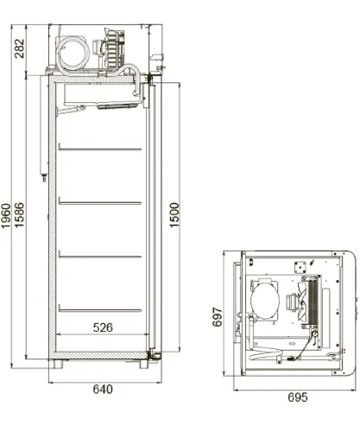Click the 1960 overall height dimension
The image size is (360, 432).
tap(6, 215)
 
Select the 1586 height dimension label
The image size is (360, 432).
tap(19, 215)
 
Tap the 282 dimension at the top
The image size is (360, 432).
tap(19, 48)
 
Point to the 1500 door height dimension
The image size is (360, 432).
tap(174, 215)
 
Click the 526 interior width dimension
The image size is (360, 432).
tap(103, 327)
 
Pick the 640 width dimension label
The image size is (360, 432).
tap(103, 390)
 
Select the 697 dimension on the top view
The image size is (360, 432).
tap(218, 317)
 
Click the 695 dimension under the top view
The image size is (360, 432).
tap(298, 397)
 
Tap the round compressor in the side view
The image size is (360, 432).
tap(73, 53)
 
